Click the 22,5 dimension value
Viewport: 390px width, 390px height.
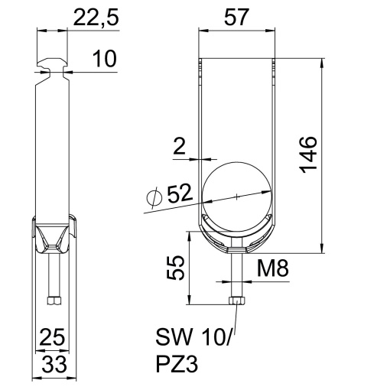[x=97, y=18]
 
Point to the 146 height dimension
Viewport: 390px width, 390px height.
[x=307, y=155]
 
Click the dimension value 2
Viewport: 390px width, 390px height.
[x=178, y=145]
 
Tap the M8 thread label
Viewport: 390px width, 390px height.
[x=271, y=268]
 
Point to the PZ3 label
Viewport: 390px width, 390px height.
[x=177, y=366]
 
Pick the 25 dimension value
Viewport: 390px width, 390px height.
[x=52, y=336]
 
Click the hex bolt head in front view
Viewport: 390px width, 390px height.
[x=236, y=303]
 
